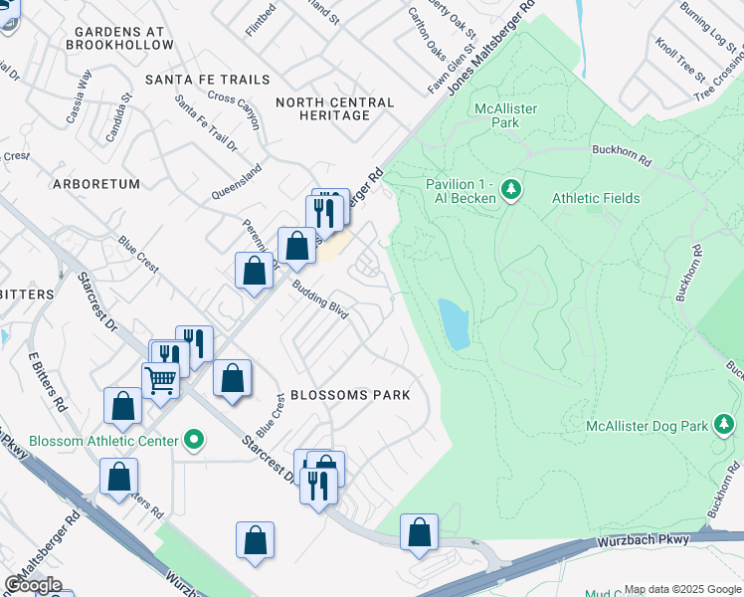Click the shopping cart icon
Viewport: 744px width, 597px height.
coord(159,379)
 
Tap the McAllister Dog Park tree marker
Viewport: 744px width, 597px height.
coord(723,426)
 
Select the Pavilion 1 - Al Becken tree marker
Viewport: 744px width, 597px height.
coord(511,189)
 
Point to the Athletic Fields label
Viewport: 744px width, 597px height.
coord(596,198)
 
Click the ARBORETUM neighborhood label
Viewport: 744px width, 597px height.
coord(95,184)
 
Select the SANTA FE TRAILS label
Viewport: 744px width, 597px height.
coord(207,80)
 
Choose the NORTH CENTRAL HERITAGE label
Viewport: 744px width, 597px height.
coord(335,108)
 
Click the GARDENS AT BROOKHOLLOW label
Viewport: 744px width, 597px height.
coord(118,38)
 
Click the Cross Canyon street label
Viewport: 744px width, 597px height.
coord(234,110)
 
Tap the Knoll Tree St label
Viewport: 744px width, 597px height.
coord(679,61)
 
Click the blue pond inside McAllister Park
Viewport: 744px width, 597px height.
coord(455,323)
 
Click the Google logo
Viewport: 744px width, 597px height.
coord(33,585)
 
